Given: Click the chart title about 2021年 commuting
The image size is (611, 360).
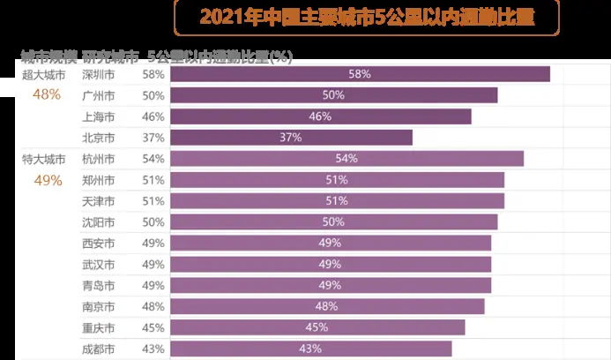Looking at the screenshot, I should pyautogui.click(x=366, y=17).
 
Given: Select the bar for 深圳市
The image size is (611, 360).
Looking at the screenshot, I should pyautogui.click(x=360, y=74).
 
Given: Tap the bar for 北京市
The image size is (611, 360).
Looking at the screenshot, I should pyautogui.click(x=291, y=138).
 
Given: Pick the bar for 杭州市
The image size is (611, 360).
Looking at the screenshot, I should pyautogui.click(x=346, y=159).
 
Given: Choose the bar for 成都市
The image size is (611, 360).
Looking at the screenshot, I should pyautogui.click(x=310, y=349).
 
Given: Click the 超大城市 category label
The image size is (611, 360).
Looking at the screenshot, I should pyautogui.click(x=43, y=75).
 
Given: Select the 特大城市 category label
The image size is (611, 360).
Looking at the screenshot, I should pyautogui.click(x=43, y=160).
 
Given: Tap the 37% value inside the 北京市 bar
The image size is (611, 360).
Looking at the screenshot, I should pyautogui.click(x=291, y=138).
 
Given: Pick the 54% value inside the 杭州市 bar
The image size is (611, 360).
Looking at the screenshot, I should pyautogui.click(x=346, y=159).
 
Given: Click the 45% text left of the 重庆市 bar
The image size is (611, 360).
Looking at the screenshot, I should pyautogui.click(x=153, y=328).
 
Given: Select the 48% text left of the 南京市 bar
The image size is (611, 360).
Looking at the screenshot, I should pyautogui.click(x=153, y=307).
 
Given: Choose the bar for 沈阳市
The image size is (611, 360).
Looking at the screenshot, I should pyautogui.click(x=333, y=222).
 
